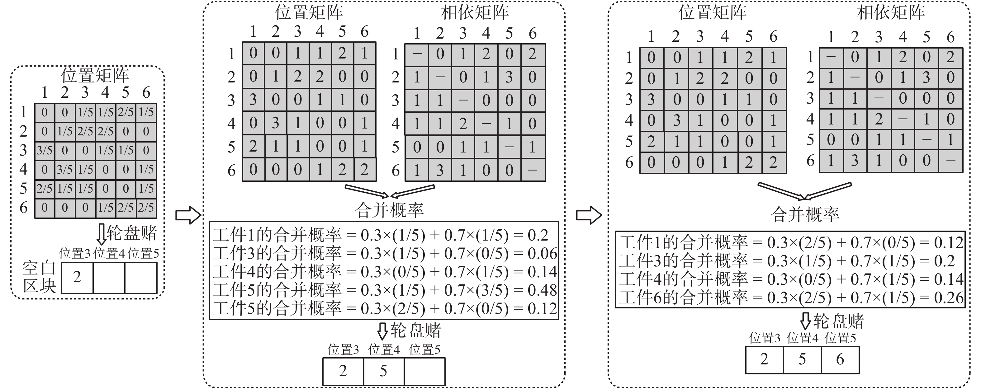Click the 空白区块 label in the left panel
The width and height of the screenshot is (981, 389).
click(x=39, y=277)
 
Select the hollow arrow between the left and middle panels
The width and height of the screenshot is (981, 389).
click(x=188, y=215)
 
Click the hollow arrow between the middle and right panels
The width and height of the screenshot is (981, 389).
click(x=588, y=215)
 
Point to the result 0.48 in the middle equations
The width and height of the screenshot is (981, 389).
click(x=542, y=290)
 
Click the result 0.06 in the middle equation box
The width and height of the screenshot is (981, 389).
click(x=542, y=254)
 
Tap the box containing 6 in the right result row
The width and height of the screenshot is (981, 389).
click(x=840, y=359)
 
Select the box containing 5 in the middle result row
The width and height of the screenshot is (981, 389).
click(x=383, y=371)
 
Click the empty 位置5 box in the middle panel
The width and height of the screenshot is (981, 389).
click(x=424, y=371)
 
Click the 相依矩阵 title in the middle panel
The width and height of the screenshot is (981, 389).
click(x=475, y=12)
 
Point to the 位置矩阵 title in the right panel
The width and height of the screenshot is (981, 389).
click(x=712, y=12)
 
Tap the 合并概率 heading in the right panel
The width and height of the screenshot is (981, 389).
click(x=805, y=215)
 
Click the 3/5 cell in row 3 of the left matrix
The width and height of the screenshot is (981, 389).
click(x=45, y=150)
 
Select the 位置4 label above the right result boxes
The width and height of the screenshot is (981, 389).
click(x=802, y=338)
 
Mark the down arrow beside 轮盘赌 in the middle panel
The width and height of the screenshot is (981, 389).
click(x=382, y=331)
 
